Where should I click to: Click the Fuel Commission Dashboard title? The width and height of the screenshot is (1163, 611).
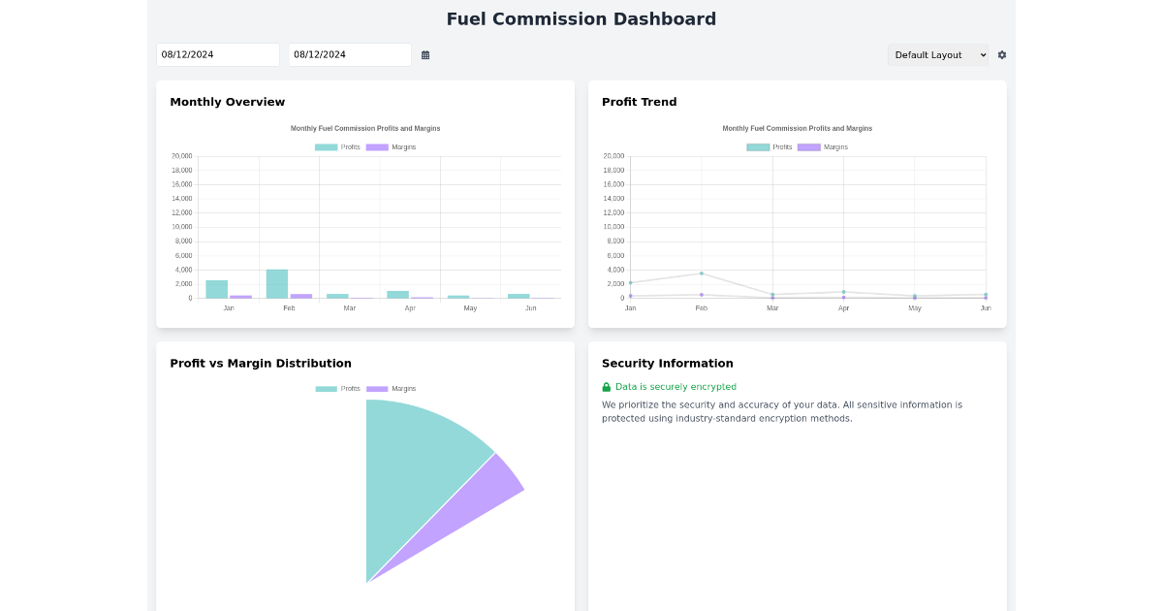pyautogui.click(x=581, y=19)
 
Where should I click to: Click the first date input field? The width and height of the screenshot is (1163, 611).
pyautogui.click(x=217, y=55)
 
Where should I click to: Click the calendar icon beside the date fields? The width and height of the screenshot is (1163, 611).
pyautogui.click(x=425, y=55)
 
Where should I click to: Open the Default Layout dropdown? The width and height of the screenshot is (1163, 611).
pyautogui.click(x=938, y=55)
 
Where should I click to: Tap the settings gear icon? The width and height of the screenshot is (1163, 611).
pyautogui.click(x=1002, y=55)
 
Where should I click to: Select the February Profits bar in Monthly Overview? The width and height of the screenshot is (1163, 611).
pyautogui.click(x=277, y=283)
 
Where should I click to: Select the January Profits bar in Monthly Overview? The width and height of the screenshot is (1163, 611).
pyautogui.click(x=216, y=289)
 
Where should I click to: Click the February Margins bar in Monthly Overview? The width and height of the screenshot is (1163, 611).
pyautogui.click(x=301, y=296)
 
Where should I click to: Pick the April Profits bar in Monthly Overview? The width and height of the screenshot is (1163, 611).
pyautogui.click(x=397, y=294)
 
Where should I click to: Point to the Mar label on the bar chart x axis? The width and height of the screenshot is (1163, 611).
pyautogui.click(x=349, y=308)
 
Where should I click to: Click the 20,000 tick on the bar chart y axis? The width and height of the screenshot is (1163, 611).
pyautogui.click(x=181, y=156)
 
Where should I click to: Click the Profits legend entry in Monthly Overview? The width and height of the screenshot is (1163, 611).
pyautogui.click(x=337, y=147)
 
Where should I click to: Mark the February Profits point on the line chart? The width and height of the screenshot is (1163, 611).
pyautogui.click(x=702, y=273)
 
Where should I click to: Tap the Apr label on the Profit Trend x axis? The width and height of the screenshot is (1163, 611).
pyautogui.click(x=843, y=308)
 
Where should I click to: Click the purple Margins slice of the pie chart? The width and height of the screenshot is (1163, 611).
pyautogui.click(x=485, y=495)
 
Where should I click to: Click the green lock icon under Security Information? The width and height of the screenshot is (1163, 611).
pyautogui.click(x=607, y=387)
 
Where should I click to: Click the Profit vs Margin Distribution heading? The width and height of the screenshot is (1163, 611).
pyautogui.click(x=261, y=364)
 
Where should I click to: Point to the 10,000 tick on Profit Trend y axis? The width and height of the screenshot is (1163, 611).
pyautogui.click(x=613, y=227)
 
